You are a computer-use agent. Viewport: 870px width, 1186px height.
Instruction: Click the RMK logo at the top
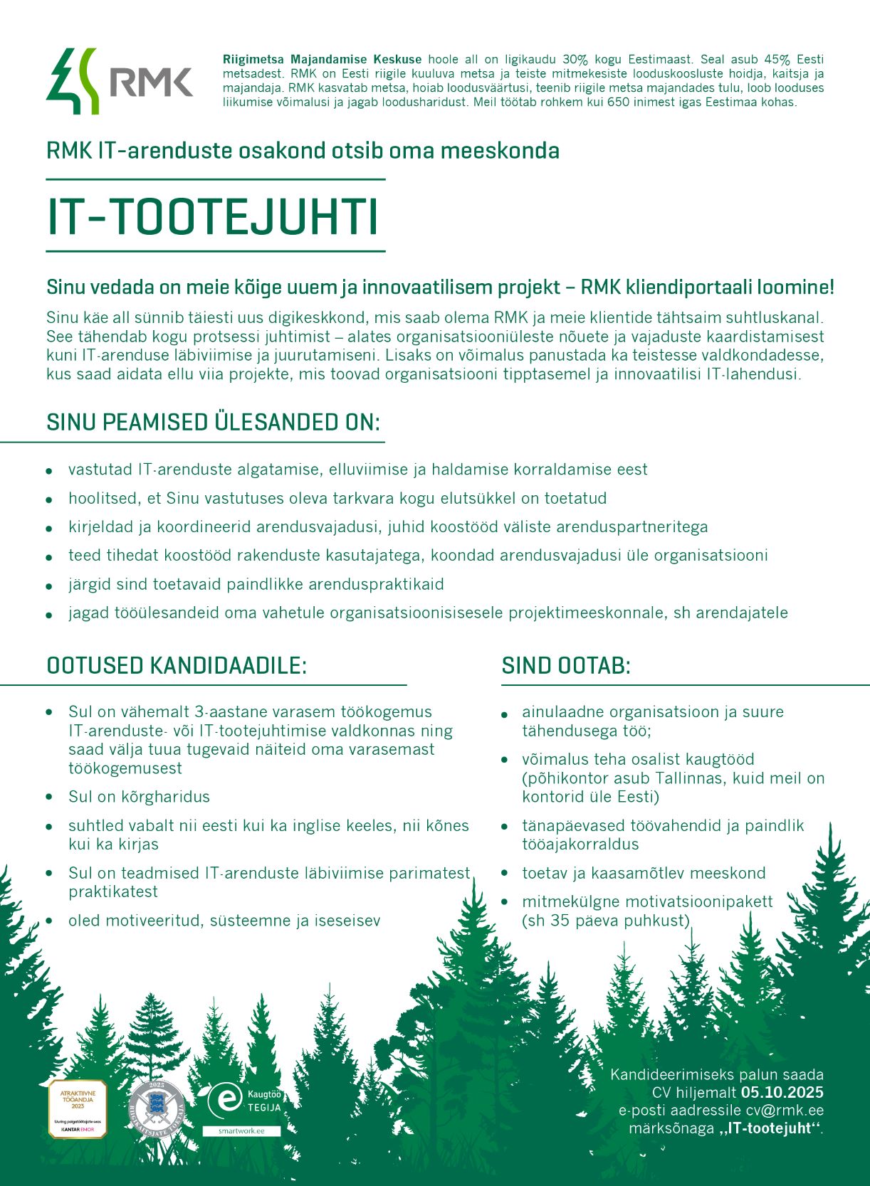[x=120, y=81]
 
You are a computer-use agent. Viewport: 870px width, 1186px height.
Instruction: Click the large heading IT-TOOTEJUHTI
[x=212, y=216]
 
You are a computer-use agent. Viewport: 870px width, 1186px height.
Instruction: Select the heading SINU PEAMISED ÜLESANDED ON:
[x=213, y=422]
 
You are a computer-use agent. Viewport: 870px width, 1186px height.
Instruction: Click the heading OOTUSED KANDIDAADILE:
[x=177, y=666]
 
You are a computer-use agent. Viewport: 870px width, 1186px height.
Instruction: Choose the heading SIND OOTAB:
[x=566, y=666]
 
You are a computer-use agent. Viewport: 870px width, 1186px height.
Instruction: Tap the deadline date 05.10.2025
[x=782, y=1093]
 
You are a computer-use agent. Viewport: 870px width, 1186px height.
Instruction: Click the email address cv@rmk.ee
[x=785, y=1111]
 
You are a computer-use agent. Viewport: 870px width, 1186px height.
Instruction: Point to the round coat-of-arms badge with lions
[x=157, y=1108]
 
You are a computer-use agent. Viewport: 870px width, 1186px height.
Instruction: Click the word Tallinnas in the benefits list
[x=689, y=778]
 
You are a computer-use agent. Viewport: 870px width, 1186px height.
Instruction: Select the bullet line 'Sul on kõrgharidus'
[x=139, y=797]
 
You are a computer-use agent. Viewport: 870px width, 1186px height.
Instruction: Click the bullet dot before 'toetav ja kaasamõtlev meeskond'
[x=505, y=874]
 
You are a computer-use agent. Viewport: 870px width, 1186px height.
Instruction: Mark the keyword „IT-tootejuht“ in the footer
[x=770, y=1128]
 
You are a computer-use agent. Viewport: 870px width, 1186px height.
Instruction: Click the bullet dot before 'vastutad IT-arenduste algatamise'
[x=49, y=470]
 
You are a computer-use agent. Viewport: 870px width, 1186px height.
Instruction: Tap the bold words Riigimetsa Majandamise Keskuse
[x=322, y=60]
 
